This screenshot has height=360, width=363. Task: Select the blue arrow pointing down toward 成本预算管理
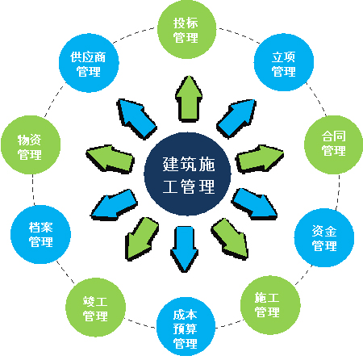pos(186,249)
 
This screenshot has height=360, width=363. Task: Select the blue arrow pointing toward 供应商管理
pos(136,117)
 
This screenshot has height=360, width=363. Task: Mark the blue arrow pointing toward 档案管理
pos(111,204)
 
